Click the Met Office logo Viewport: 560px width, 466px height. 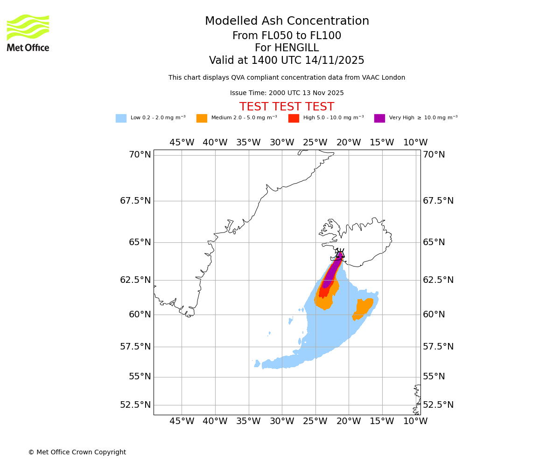(x=28, y=33)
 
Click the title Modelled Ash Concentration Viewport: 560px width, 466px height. (x=287, y=21)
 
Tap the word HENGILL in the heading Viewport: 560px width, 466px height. (x=287, y=48)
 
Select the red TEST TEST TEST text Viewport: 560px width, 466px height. (x=287, y=107)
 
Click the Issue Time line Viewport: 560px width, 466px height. (x=287, y=93)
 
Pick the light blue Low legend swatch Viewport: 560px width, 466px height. (x=121, y=118)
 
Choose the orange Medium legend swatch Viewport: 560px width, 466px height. (x=202, y=118)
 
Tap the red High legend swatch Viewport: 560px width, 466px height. (x=294, y=118)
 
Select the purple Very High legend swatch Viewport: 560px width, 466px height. (x=379, y=118)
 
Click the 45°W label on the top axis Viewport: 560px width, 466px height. (x=182, y=143)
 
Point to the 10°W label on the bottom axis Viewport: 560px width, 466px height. (x=415, y=421)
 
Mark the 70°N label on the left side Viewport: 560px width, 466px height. (x=140, y=155)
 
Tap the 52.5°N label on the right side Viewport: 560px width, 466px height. (x=438, y=405)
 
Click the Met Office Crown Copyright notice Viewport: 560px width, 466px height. (x=77, y=452)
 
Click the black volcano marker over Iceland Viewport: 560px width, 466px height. (x=340, y=254)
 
